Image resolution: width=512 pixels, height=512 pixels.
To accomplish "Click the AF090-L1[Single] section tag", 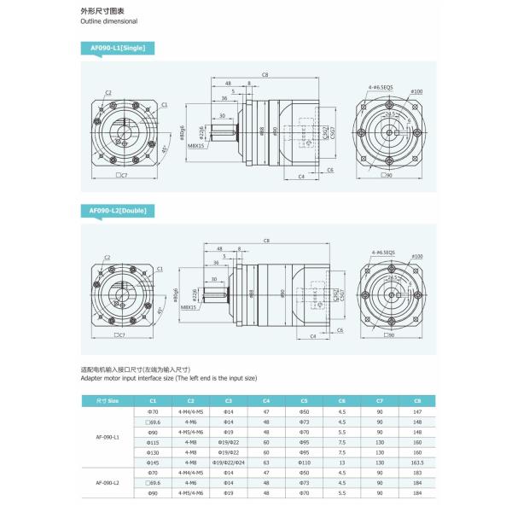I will click(118, 49).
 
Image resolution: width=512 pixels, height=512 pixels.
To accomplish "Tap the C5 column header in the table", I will click(304, 400).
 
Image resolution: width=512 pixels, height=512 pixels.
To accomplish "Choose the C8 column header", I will click(417, 400).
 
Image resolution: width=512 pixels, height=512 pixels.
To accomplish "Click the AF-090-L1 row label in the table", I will click(107, 437).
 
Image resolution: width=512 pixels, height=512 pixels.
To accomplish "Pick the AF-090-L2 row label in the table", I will click(107, 483).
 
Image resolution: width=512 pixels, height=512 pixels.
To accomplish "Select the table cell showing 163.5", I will click(417, 461).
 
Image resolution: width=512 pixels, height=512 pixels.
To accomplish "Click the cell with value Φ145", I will click(154, 461).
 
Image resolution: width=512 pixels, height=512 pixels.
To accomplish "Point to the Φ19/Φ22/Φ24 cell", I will click(228, 461).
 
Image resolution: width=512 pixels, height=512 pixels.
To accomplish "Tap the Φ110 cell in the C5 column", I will click(304, 461).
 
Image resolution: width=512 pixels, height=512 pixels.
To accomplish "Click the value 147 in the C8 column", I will click(417, 412).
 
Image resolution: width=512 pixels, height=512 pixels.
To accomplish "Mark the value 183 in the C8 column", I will click(417, 472).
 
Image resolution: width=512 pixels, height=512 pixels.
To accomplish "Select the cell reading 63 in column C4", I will click(266, 461).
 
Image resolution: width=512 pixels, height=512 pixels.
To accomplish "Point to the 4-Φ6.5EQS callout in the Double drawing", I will click(383, 253).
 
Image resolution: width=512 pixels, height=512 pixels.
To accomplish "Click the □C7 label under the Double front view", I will click(121, 335).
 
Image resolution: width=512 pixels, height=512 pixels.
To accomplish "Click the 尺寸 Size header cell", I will click(107, 400).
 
